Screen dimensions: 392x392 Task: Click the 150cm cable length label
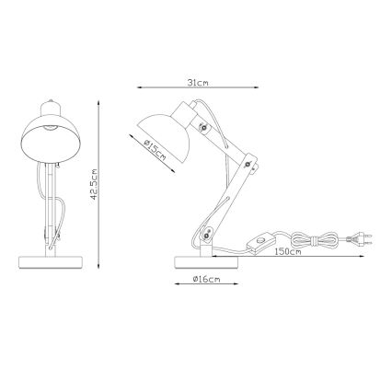(287, 252)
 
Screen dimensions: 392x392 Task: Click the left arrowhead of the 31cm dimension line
(140, 88)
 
